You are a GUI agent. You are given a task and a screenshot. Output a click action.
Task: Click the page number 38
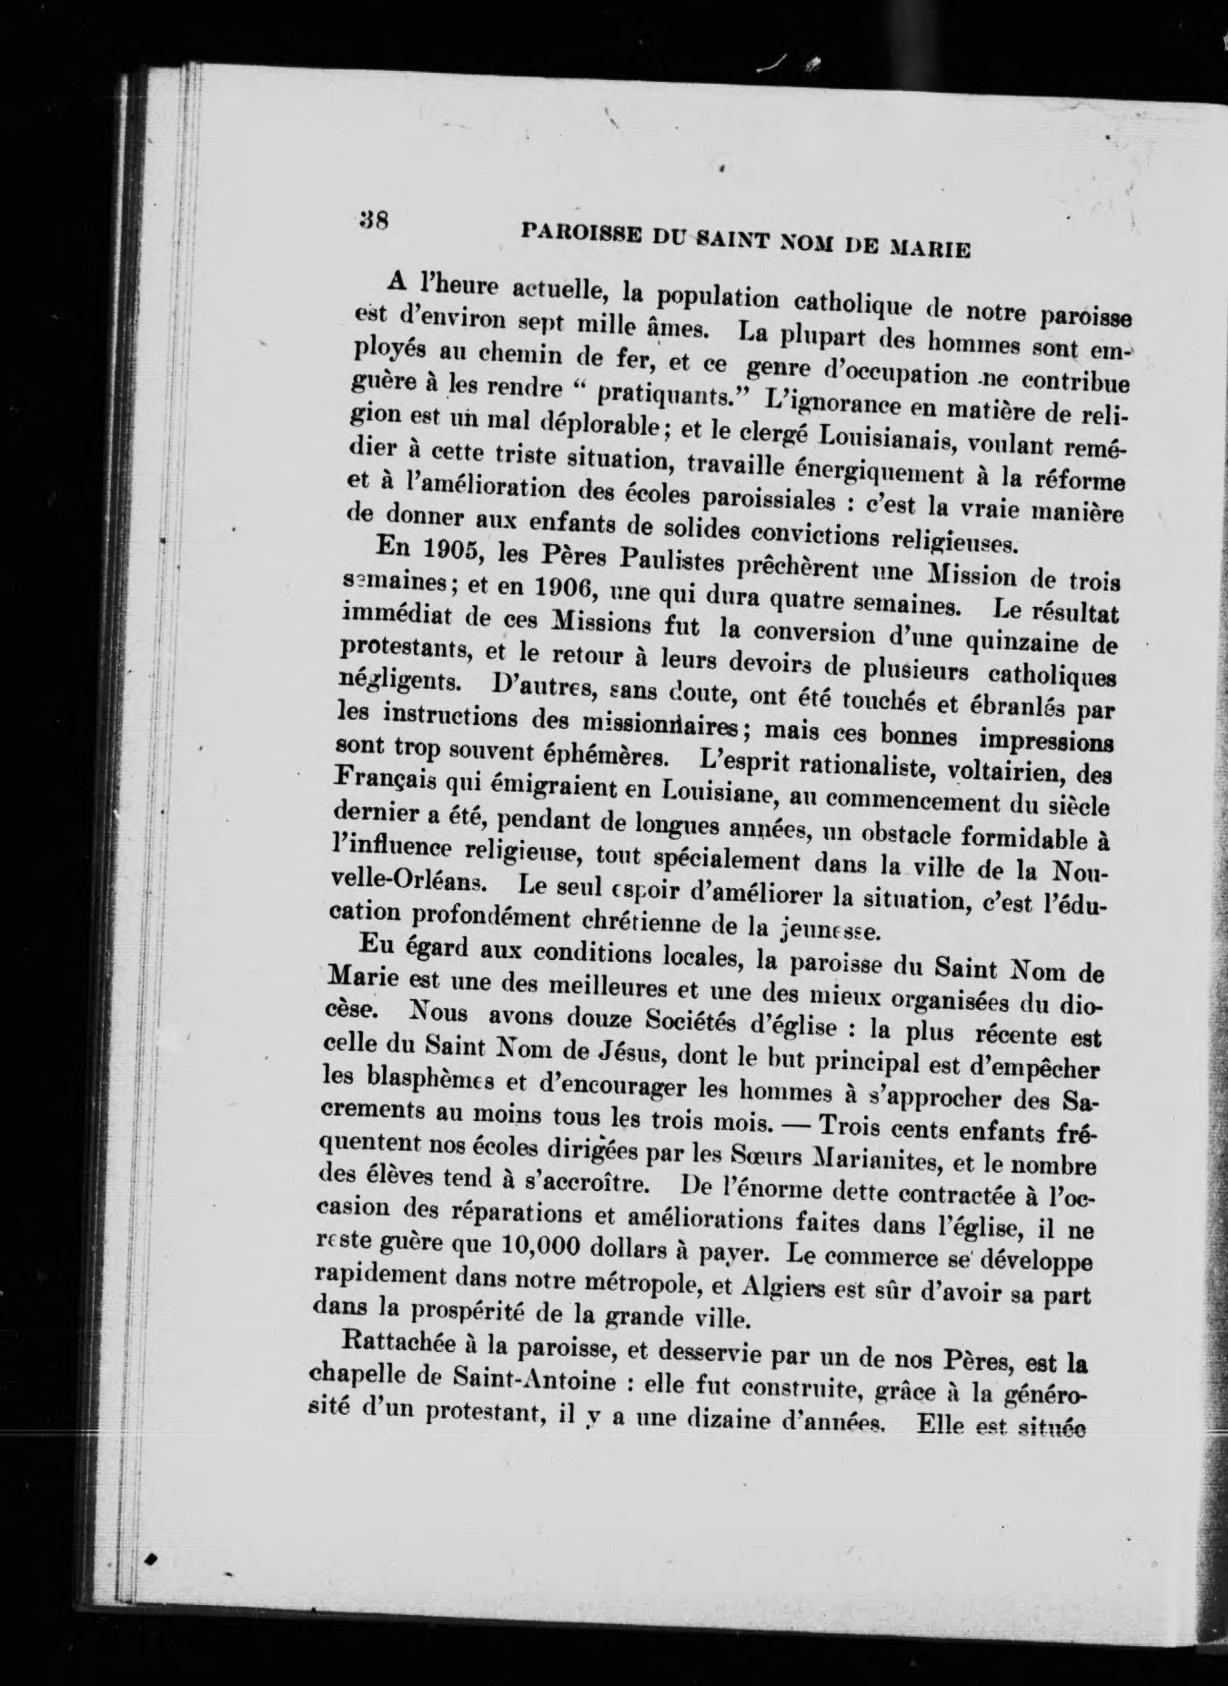374,221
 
